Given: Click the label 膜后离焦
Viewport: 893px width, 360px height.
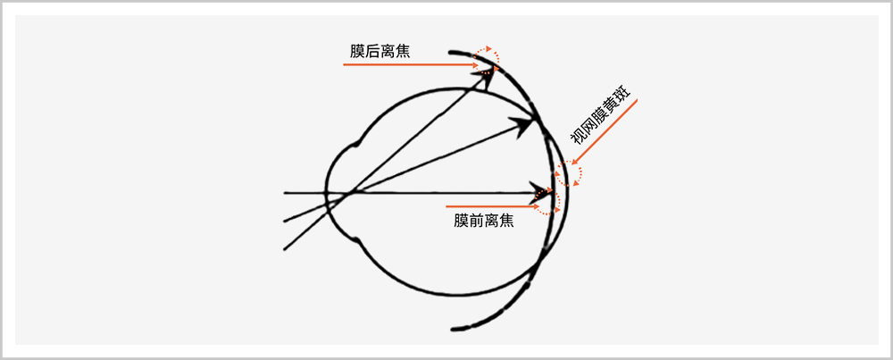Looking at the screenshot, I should tap(380, 51).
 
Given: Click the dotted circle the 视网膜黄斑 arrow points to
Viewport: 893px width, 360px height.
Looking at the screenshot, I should tap(568, 173).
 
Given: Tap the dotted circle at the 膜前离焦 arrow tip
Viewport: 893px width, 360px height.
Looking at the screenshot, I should tap(547, 198).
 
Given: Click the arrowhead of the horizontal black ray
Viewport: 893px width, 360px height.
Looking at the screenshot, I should tap(539, 192).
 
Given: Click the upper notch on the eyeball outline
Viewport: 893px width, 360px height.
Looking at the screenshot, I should tap(358, 142).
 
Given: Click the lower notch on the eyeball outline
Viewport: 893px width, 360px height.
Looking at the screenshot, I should tap(357, 239).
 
